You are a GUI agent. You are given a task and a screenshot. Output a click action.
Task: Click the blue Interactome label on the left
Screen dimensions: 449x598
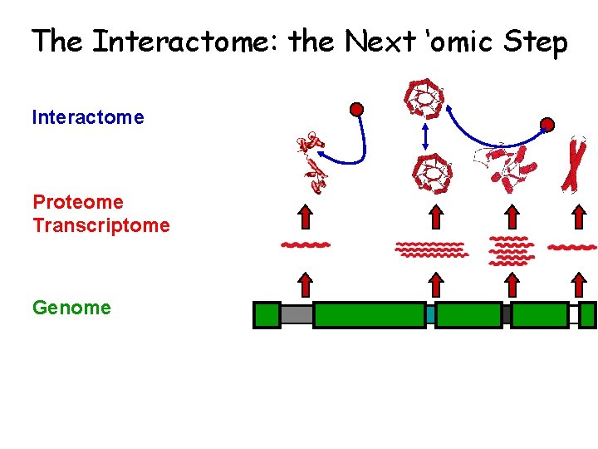[88, 117]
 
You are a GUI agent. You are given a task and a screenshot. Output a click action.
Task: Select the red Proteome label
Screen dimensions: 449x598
[78, 202]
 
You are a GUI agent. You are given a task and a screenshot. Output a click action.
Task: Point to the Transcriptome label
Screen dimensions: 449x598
[101, 225]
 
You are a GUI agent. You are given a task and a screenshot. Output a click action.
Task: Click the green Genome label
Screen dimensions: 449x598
[71, 308]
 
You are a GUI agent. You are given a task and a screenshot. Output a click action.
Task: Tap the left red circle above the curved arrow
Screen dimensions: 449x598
[356, 109]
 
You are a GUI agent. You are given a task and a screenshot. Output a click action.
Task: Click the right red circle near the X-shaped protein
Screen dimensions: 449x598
[547, 126]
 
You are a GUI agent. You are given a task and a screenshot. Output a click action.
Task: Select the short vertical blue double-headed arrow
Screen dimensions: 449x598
[425, 136]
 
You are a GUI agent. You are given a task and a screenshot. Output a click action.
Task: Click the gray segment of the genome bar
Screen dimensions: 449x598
[297, 315]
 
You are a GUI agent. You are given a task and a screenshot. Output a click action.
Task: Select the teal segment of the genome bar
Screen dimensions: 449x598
[430, 315]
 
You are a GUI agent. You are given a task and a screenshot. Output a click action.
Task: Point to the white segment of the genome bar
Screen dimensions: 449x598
[573, 315]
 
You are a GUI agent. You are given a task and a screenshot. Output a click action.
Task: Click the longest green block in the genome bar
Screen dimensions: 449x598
[369, 315]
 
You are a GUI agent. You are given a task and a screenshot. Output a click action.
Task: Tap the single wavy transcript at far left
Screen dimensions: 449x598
[306, 245]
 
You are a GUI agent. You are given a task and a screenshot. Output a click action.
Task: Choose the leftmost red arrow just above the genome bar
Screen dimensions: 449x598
[306, 284]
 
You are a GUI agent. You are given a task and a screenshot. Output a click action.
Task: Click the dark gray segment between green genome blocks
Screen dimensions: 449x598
[506, 315]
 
